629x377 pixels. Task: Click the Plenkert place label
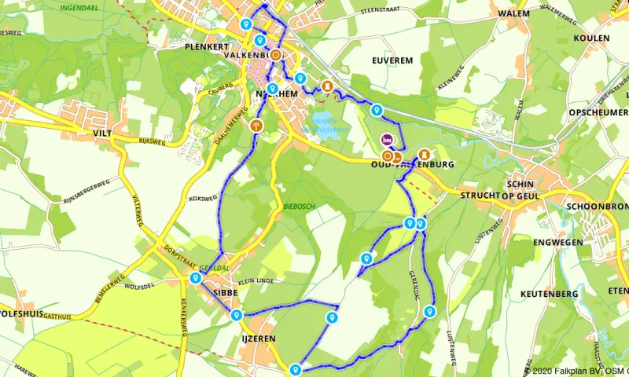point(206,47)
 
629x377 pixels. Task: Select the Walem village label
point(514,14)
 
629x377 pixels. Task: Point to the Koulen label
point(592,38)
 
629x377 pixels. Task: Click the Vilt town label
point(103,134)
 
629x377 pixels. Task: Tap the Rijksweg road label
point(153,142)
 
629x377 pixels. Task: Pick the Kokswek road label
point(202,199)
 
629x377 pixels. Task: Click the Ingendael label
point(79,7)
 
